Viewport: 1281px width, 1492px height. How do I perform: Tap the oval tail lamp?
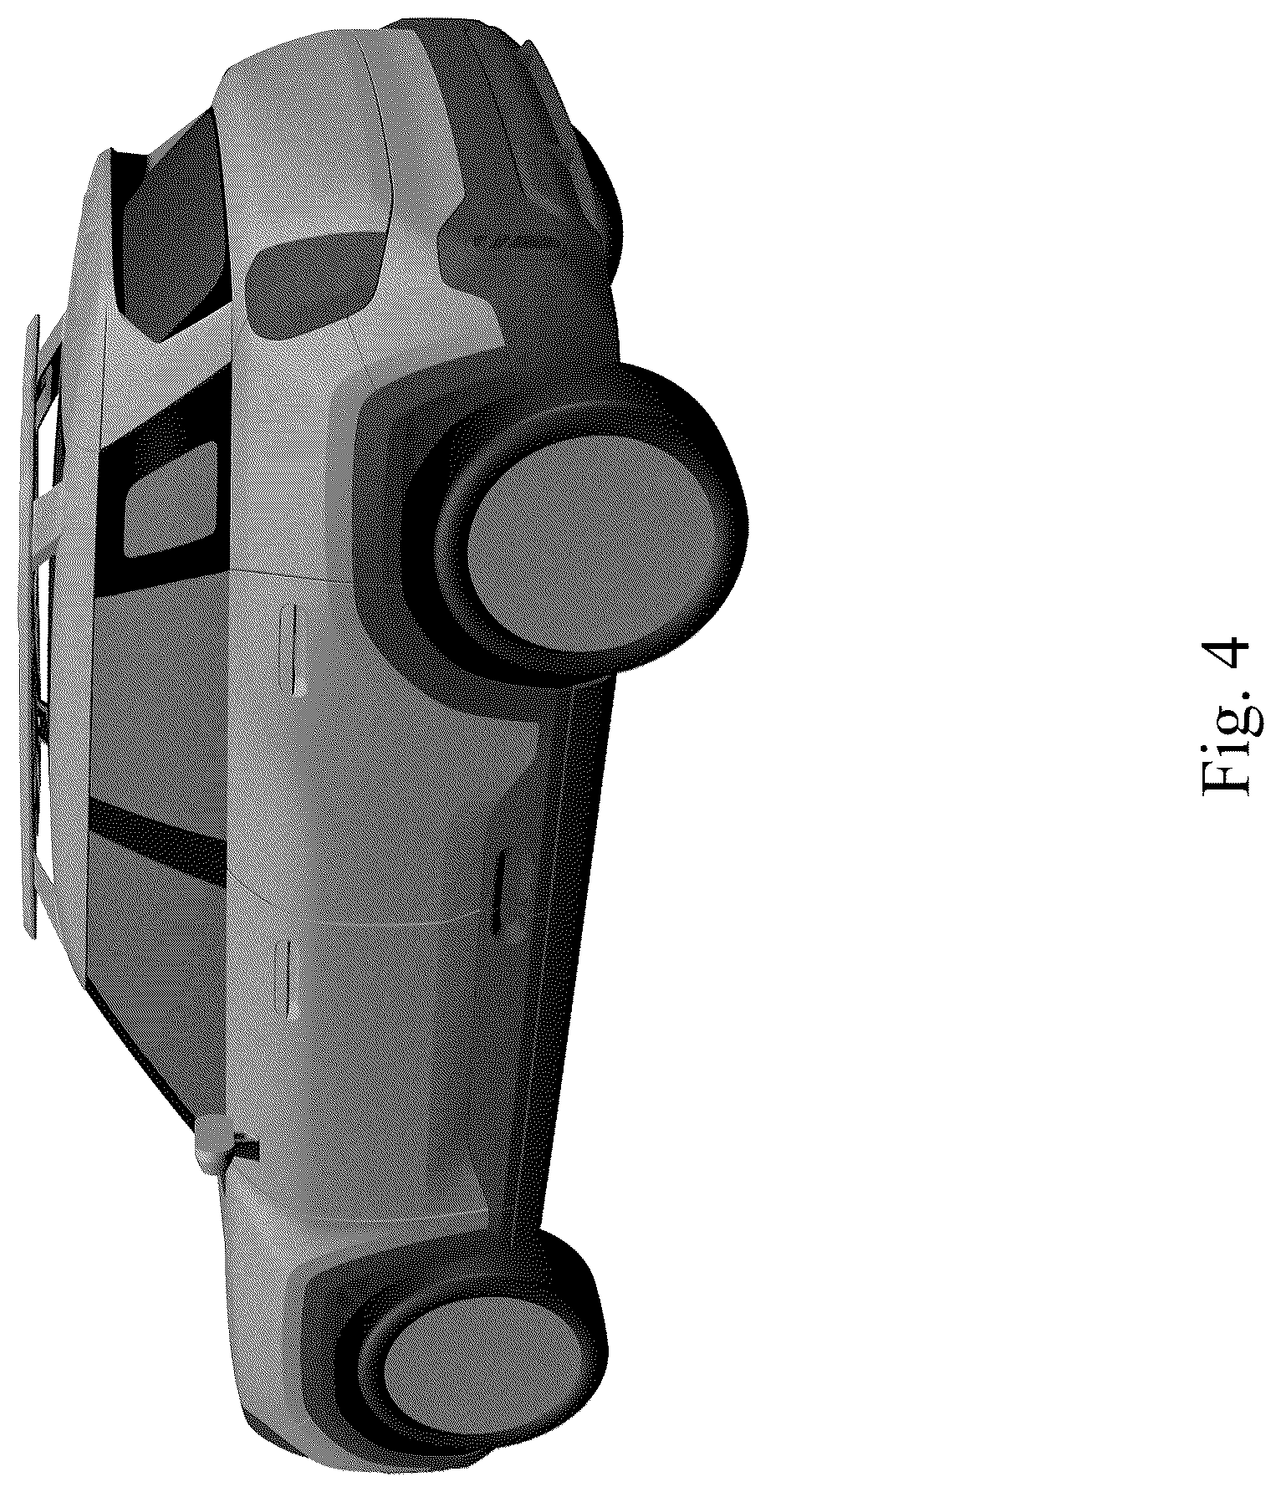(x=313, y=285)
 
